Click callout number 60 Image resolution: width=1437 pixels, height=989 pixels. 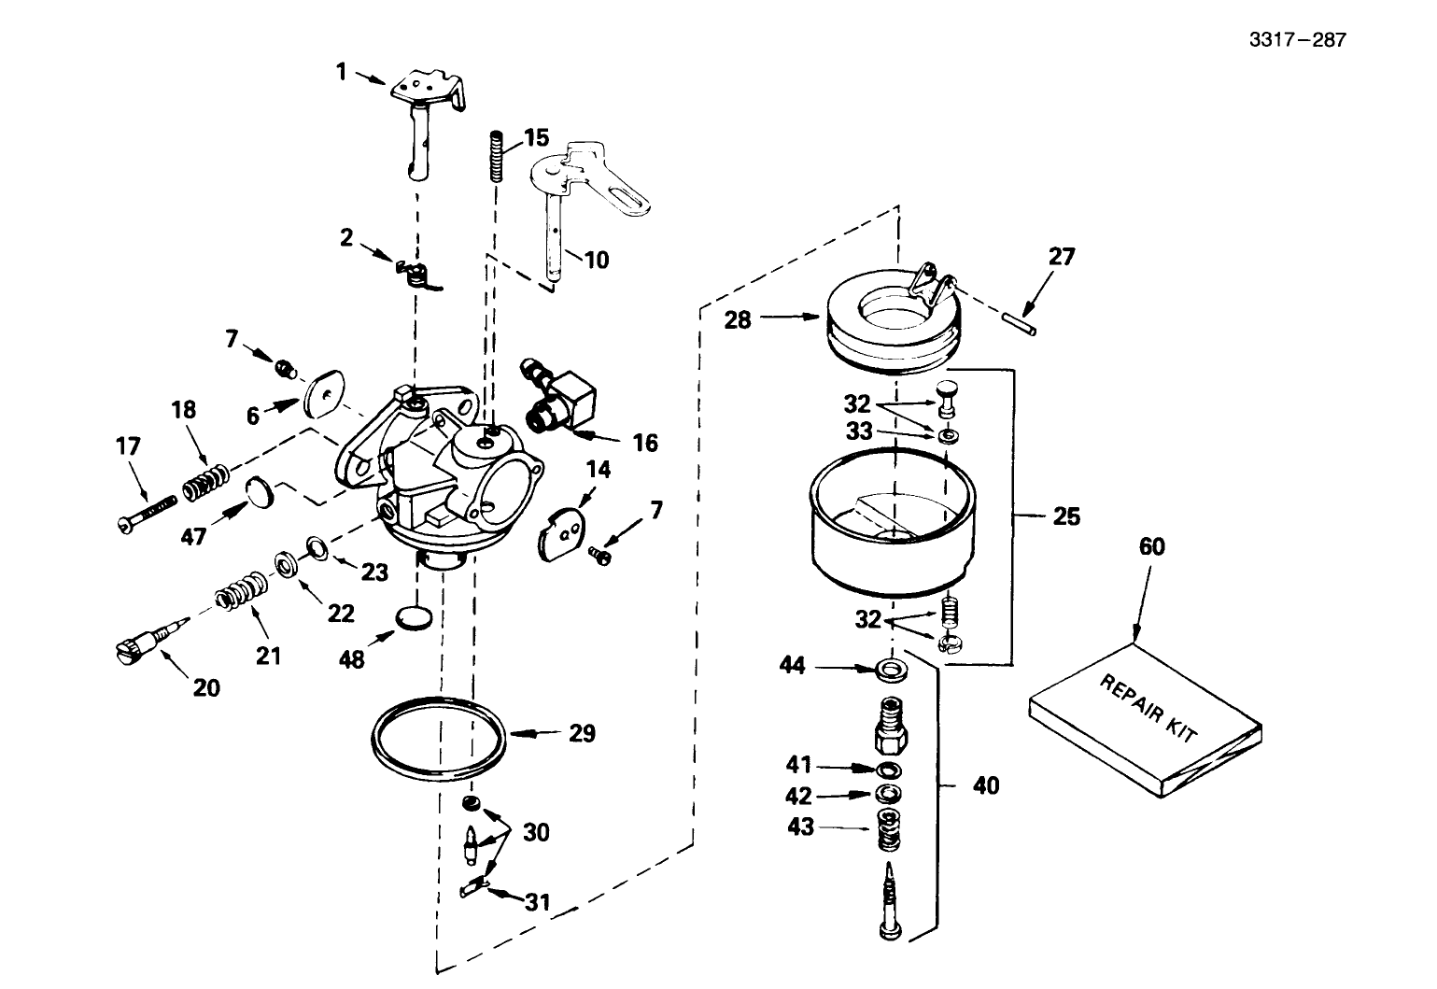[1152, 546]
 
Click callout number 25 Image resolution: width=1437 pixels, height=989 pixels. [1066, 516]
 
